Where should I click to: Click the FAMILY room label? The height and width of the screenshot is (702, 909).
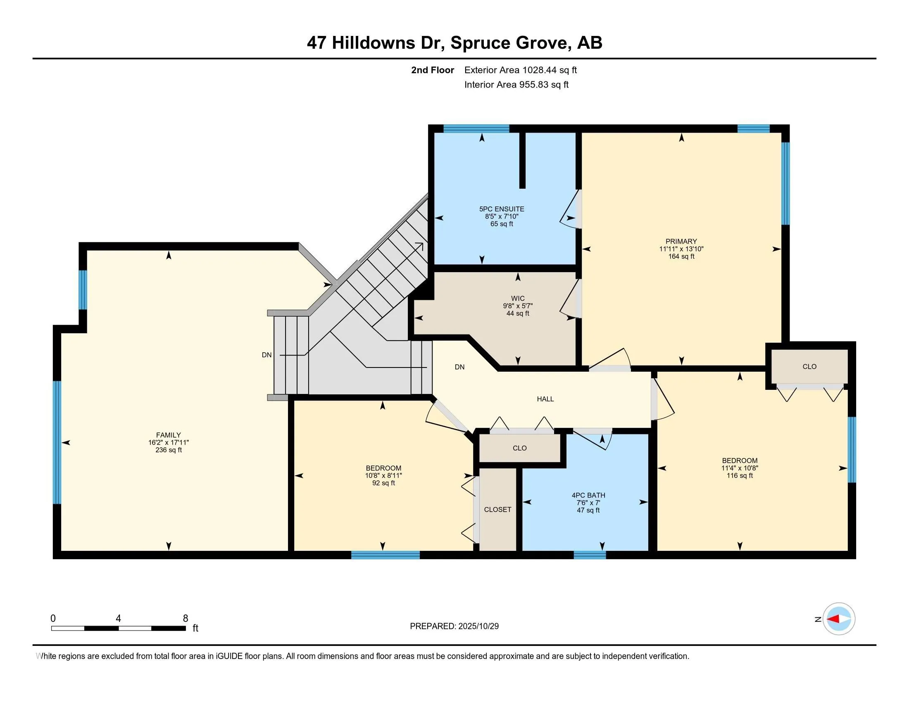coord(168,435)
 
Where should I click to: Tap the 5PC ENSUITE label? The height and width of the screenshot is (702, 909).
coord(502,209)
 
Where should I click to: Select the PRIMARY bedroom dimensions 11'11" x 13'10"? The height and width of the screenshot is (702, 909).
coord(681,249)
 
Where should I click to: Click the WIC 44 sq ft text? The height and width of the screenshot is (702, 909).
coord(518,313)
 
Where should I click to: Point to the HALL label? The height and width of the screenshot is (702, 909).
coord(545,399)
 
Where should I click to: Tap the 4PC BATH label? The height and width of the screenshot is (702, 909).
coord(588,495)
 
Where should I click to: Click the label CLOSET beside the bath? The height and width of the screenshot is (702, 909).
coord(497,510)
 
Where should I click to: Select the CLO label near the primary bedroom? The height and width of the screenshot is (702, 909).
coord(809,366)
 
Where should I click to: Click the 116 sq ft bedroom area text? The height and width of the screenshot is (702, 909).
coord(740,475)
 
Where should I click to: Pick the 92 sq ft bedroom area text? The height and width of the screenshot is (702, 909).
coord(383,483)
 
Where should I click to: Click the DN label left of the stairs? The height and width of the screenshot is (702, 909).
coord(267,355)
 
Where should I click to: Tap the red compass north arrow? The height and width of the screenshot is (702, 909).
coord(834,619)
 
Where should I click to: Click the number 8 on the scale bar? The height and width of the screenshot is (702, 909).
coord(186,619)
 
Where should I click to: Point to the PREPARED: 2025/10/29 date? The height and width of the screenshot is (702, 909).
coord(454,626)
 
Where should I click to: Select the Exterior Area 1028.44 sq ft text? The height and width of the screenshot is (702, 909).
coord(520,70)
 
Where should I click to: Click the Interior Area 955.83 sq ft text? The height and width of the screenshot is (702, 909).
coord(516,84)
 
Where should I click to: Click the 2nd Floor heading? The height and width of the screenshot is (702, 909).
coord(433,70)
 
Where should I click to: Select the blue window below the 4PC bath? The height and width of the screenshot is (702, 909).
coord(590,555)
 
